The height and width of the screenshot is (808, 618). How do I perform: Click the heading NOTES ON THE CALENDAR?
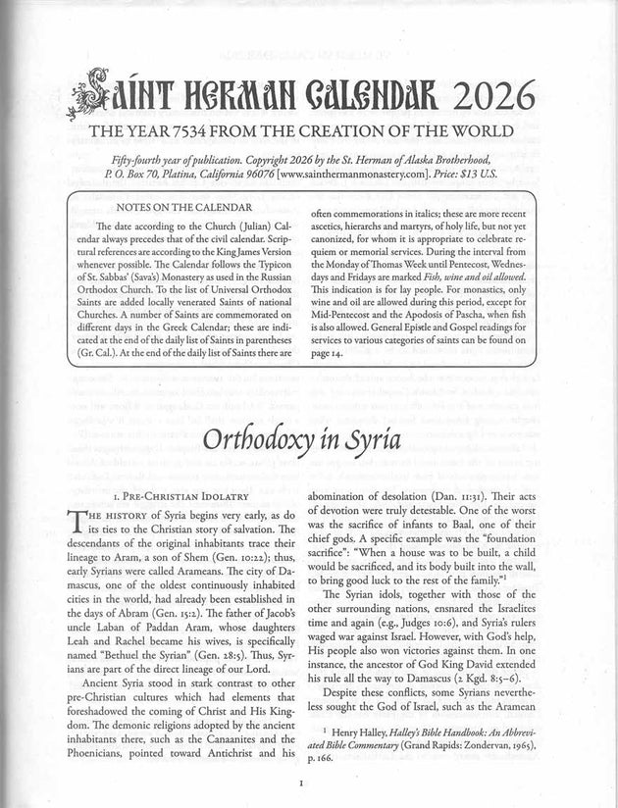point(183,208)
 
